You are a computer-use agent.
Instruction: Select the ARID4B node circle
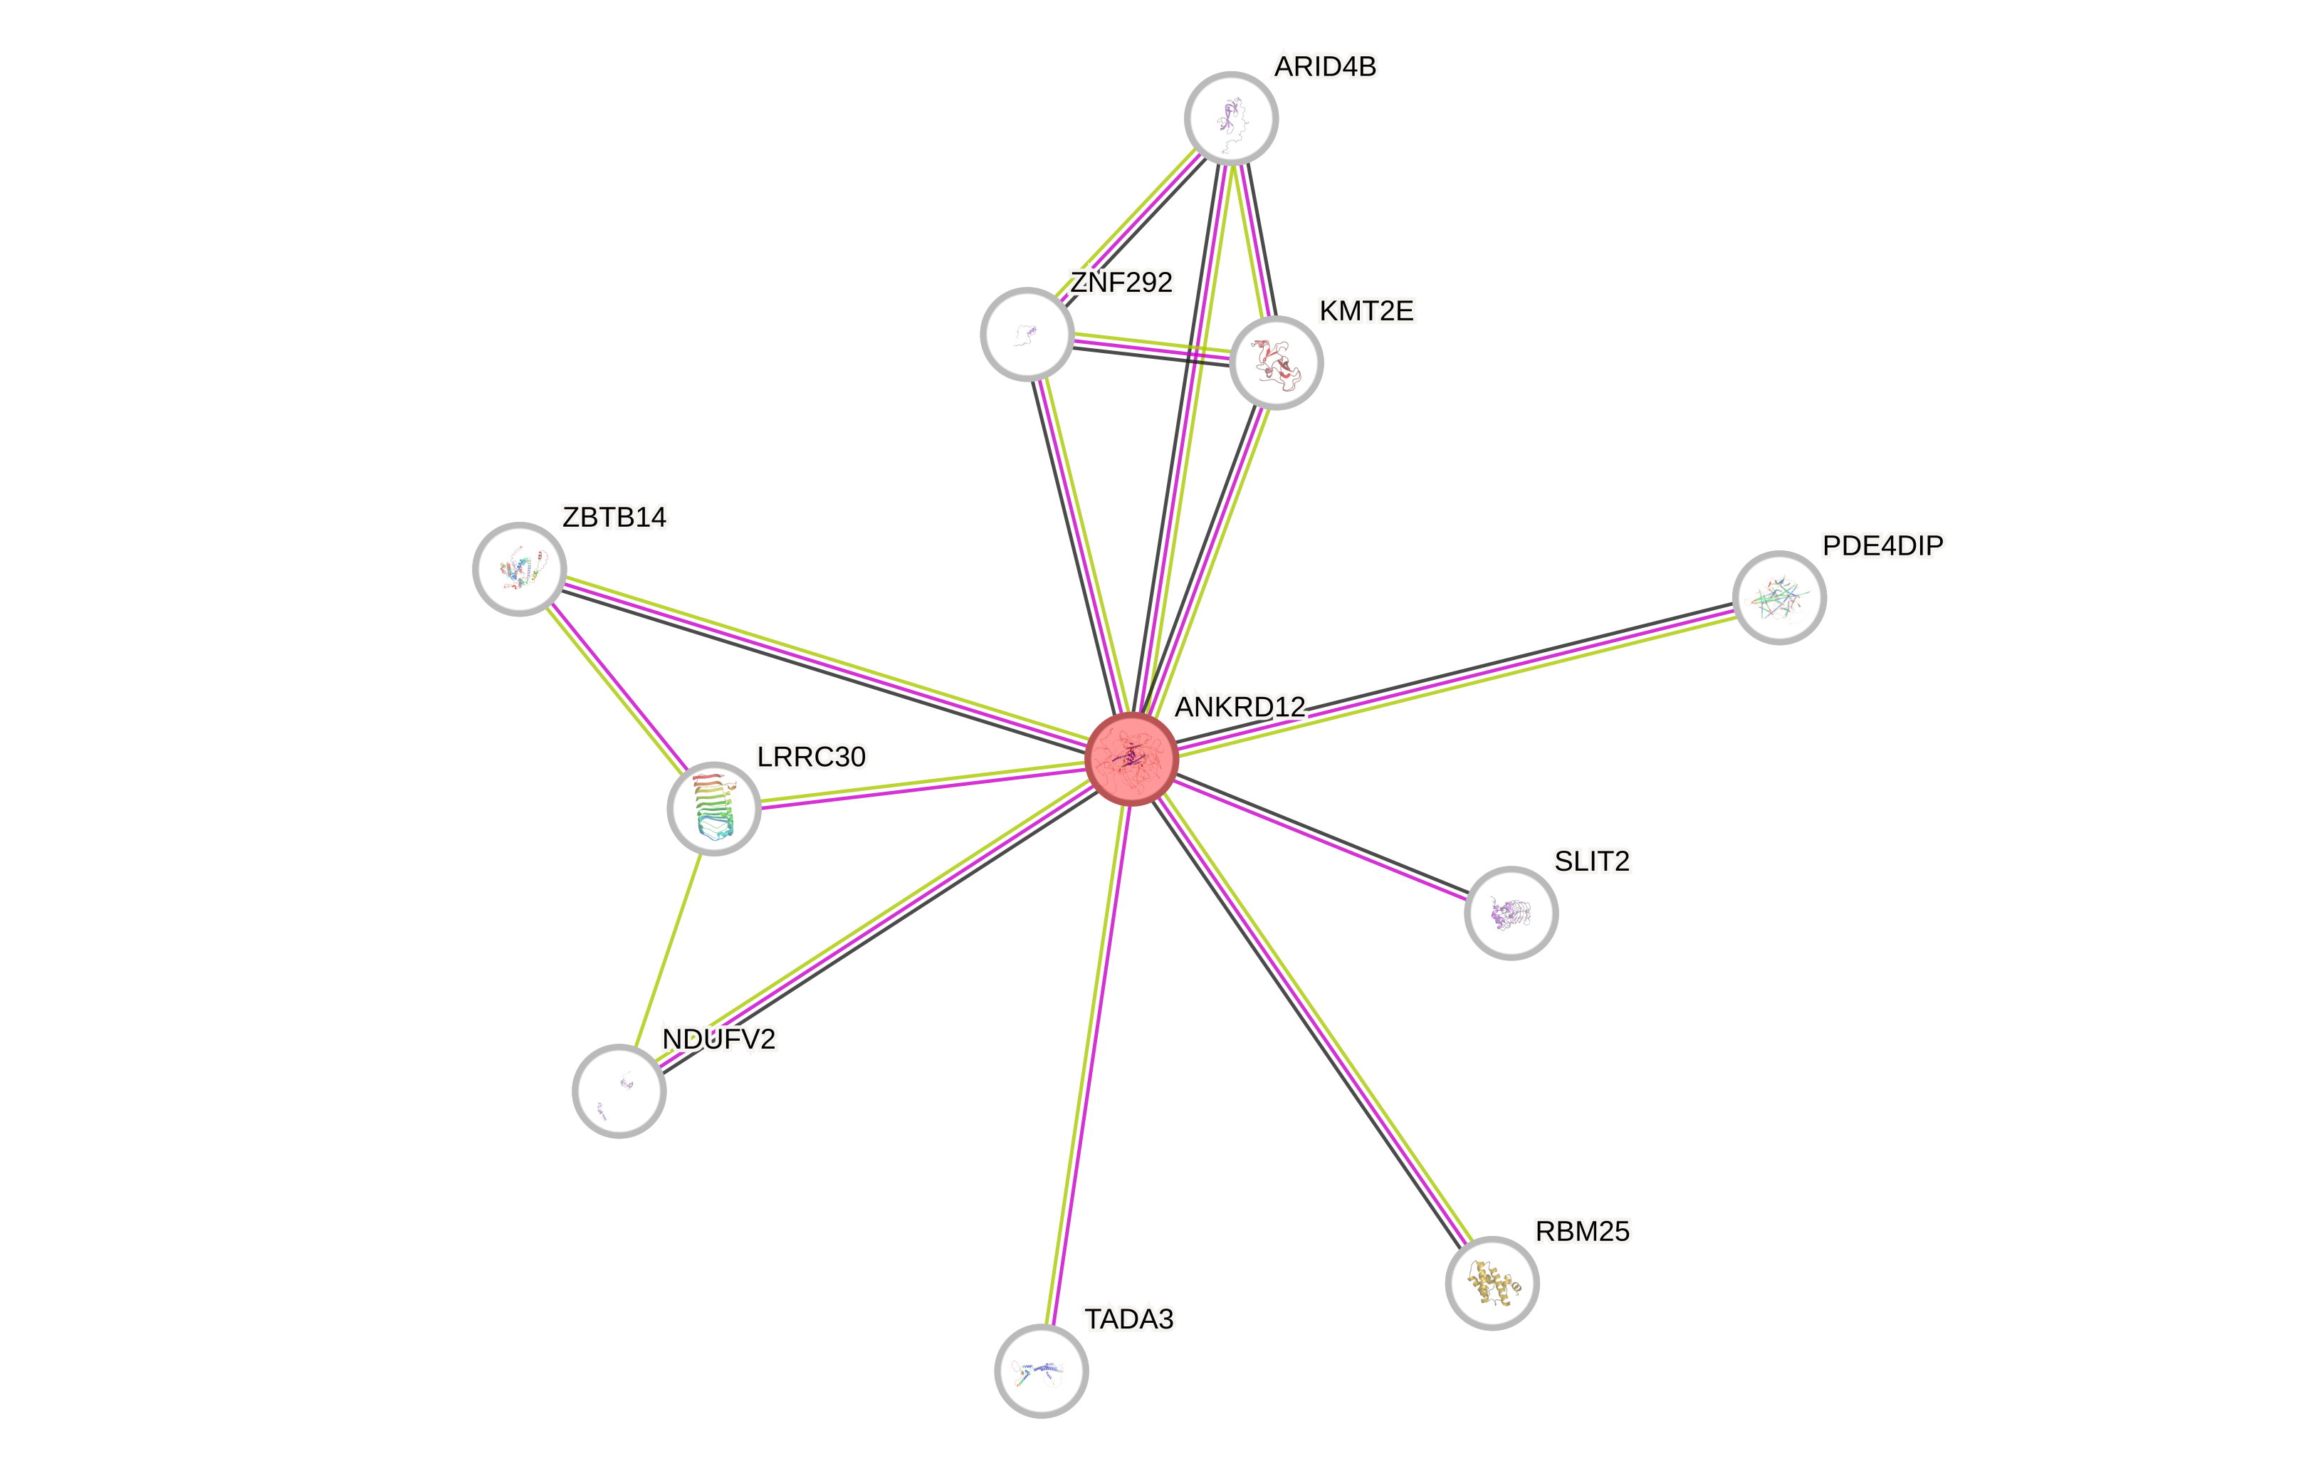pos(1231,118)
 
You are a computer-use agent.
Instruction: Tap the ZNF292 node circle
pos(1027,334)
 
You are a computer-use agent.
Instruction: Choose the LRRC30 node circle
pos(713,808)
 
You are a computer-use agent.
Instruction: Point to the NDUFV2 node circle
pos(619,1091)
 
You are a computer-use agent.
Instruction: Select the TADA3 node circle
pos(1041,1370)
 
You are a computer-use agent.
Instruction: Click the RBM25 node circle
pos(1492,1283)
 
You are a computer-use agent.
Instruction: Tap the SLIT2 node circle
pos(1511,913)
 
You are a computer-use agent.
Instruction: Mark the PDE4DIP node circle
pos(1779,597)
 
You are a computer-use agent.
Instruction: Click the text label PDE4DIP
pos(1882,545)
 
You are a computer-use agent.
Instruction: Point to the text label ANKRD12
pos(1240,707)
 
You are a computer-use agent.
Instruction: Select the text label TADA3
pos(1128,1319)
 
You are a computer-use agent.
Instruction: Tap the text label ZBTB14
pos(614,518)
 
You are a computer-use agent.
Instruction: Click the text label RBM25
pos(1582,1231)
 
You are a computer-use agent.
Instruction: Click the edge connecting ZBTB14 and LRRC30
pos(617,688)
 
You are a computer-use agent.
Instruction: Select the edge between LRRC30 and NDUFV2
pos(666,949)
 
